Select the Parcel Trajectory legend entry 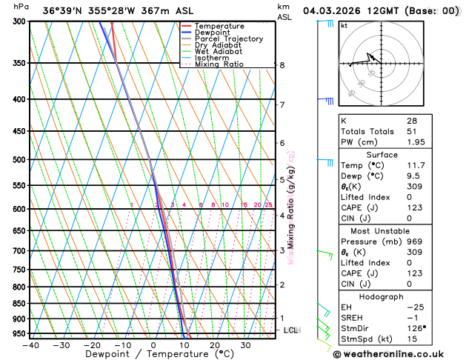229,39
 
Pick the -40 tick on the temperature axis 30,346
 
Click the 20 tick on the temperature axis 214,346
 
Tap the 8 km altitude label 282,65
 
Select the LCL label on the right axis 290,330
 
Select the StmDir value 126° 416,328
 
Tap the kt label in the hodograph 344,25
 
